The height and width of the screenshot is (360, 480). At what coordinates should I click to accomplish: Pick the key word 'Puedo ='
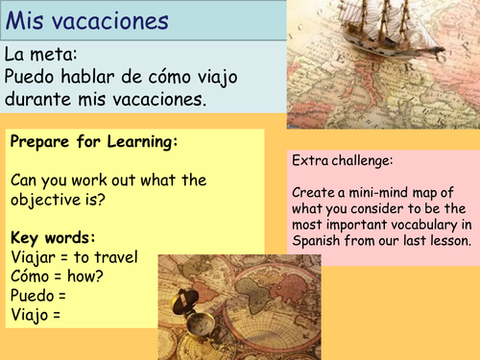tap(38, 295)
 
